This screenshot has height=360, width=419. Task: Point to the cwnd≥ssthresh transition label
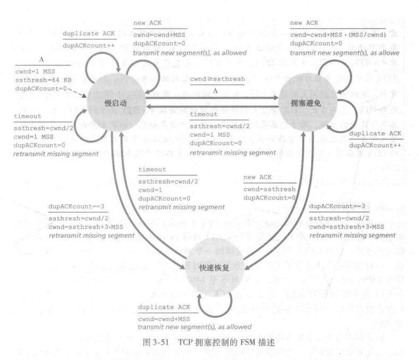point(217,80)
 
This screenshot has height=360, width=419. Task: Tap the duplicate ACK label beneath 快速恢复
point(163,307)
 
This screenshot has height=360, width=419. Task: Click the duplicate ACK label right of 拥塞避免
point(375,132)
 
